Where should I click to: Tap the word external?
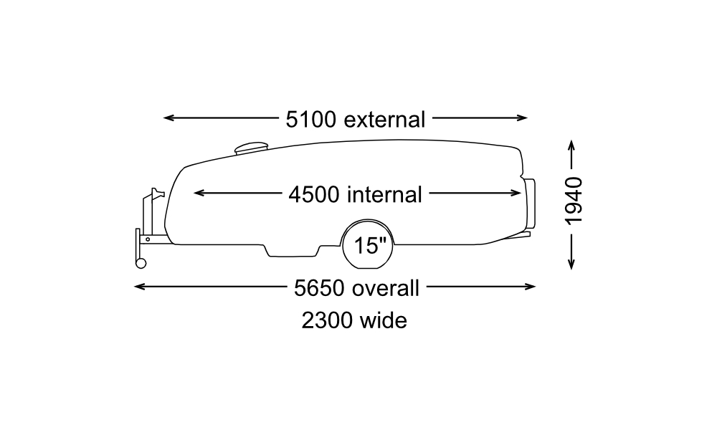tap(385, 119)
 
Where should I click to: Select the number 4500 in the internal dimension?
tap(314, 193)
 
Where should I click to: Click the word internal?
tap(386, 193)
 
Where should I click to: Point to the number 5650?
tap(320, 288)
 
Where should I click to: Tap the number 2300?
tap(326, 320)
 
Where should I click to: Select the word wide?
tap(383, 320)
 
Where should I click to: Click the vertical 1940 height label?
tap(574, 201)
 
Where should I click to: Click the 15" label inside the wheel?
tap(370, 246)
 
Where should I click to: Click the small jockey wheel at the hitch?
tap(141, 263)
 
